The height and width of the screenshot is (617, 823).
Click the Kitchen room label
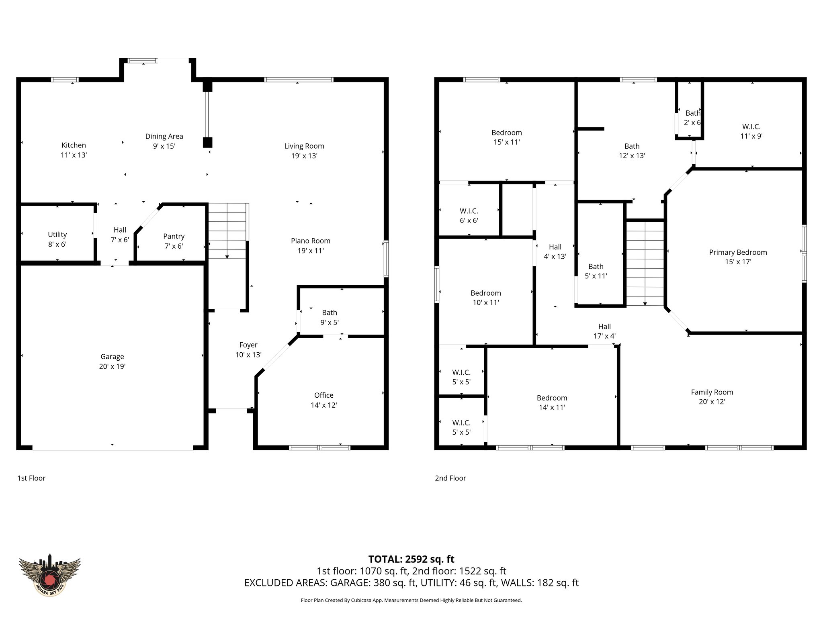(74, 145)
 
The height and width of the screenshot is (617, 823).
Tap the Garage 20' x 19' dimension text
(112, 366)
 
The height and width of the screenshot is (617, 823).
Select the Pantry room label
(174, 237)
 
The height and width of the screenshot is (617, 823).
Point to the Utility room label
(57, 235)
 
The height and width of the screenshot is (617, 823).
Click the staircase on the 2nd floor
(645, 263)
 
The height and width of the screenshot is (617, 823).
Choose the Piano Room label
(310, 241)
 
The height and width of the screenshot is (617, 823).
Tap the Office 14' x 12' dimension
(323, 405)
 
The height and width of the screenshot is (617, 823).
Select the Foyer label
(248, 345)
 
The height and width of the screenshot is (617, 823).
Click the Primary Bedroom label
(738, 252)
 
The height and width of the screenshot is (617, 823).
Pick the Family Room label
(712, 392)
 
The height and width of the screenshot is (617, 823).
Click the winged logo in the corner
(50, 575)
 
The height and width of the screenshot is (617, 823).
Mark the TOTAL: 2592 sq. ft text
(411, 559)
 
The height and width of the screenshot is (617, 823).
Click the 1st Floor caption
(31, 478)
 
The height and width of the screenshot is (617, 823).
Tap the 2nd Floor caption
(450, 478)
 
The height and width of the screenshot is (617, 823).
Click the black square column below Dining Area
(207, 142)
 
